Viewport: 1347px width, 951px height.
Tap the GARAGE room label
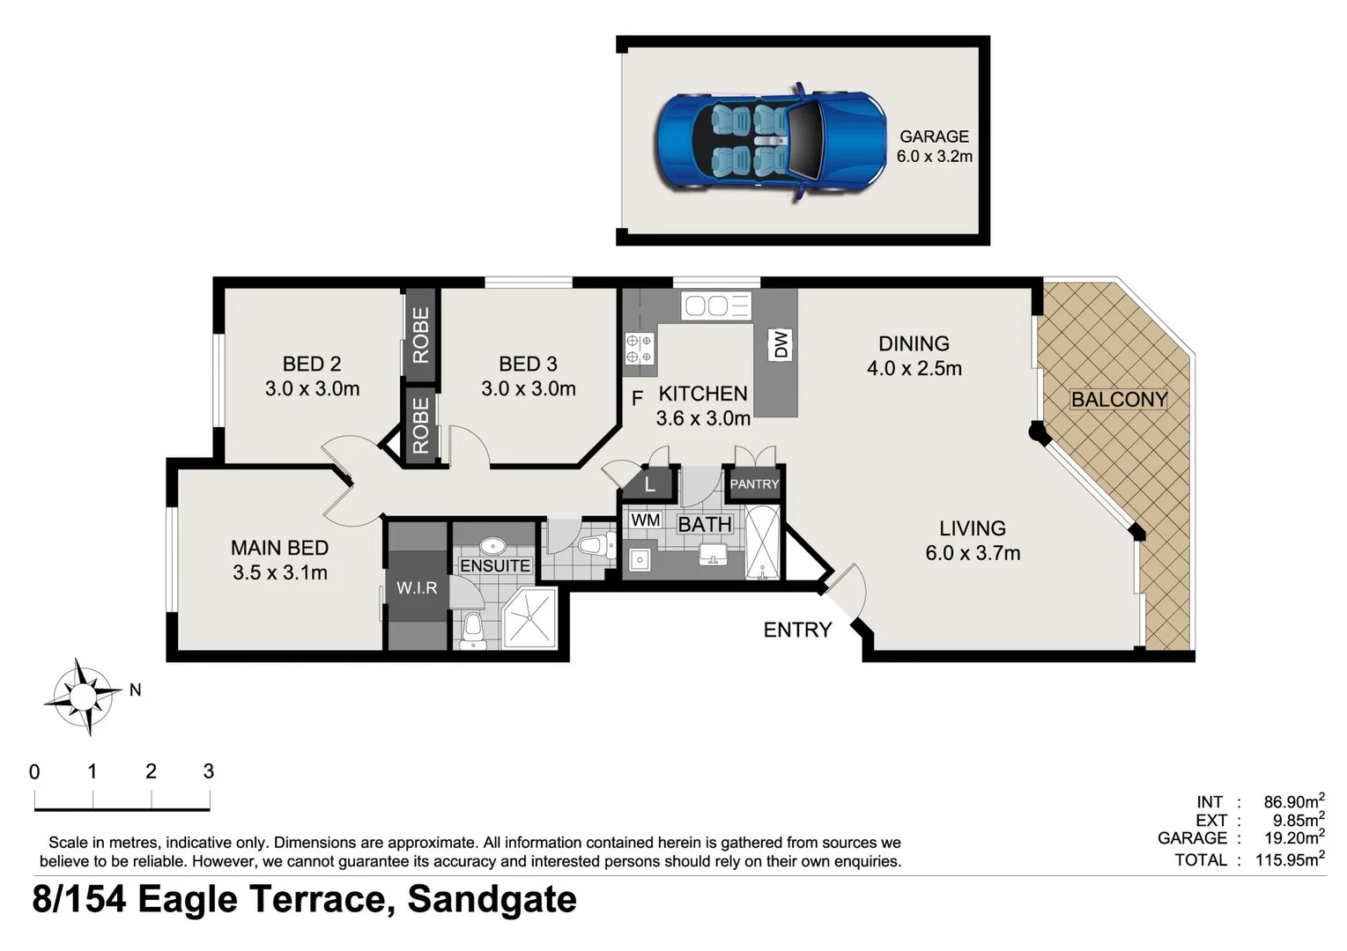[x=934, y=136]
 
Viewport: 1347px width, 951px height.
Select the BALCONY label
[x=1118, y=400]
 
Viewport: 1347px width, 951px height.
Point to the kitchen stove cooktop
[x=640, y=348]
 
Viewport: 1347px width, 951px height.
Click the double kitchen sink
[x=716, y=306]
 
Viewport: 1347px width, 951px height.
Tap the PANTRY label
[x=754, y=483]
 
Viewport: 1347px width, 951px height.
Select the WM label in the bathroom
[x=645, y=520]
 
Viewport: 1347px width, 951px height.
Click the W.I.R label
[x=417, y=587]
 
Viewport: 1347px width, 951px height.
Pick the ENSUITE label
[x=495, y=565]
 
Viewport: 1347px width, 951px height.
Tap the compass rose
[x=83, y=697]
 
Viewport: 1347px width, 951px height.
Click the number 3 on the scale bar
[x=208, y=771]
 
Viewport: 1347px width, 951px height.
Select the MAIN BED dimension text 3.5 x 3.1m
[x=280, y=572]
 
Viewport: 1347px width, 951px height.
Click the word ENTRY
[x=797, y=630]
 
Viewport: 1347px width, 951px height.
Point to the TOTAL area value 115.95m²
[x=1289, y=859]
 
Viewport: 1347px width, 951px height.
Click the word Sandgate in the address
[x=492, y=900]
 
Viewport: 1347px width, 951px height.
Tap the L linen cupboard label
[x=649, y=484]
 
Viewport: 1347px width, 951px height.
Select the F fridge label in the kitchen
[x=637, y=399]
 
